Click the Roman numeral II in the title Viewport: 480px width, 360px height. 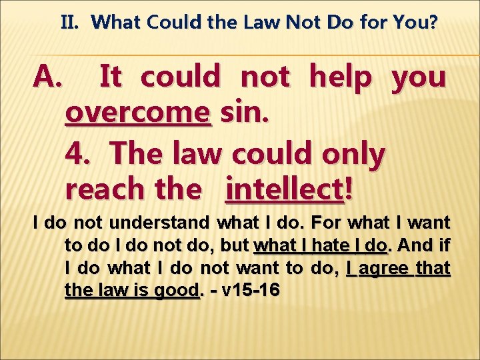click(x=70, y=23)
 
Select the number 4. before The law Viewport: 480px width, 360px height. click(x=81, y=154)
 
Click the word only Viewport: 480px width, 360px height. click(x=353, y=154)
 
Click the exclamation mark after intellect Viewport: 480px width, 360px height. click(x=348, y=191)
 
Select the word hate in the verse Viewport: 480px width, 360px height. click(x=323, y=245)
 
